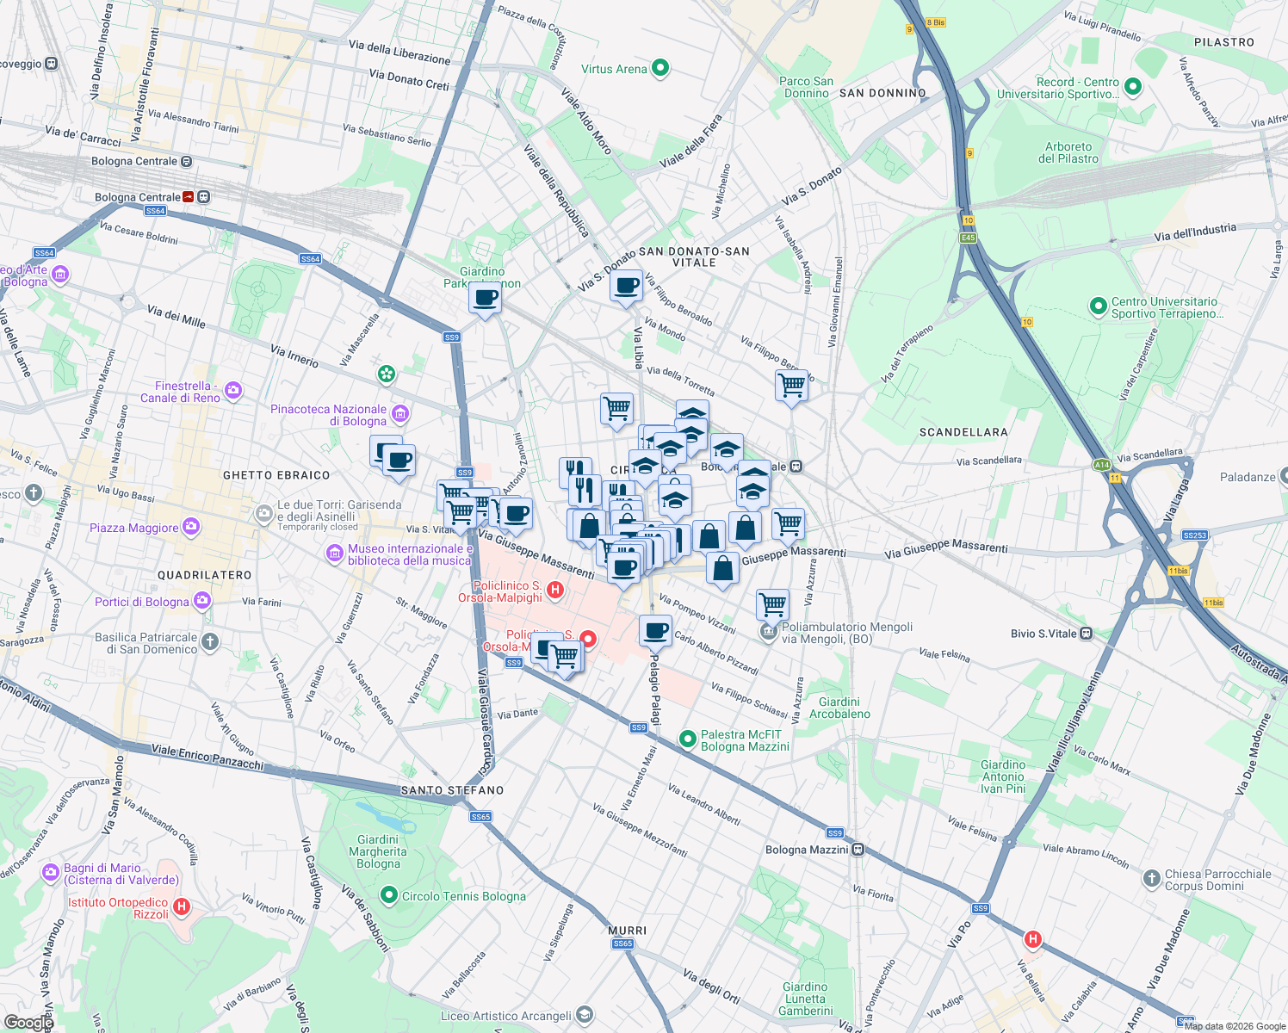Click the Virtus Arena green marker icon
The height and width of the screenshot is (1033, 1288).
(660, 68)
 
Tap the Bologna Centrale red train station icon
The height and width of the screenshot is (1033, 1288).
(189, 197)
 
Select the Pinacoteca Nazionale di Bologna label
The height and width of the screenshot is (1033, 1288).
(328, 415)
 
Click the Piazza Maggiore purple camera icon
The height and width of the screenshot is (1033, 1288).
(191, 527)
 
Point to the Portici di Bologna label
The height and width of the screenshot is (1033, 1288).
(141, 602)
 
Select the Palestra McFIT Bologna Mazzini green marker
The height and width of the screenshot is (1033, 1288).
(687, 739)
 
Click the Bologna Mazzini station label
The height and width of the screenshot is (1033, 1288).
(807, 850)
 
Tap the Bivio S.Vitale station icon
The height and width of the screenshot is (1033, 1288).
(1087, 634)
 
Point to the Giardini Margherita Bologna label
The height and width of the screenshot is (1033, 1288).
(378, 851)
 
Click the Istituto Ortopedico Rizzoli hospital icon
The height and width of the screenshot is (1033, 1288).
(182, 906)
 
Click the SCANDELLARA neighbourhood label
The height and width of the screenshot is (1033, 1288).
(963, 432)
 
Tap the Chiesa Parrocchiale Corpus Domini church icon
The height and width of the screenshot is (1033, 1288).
(1151, 879)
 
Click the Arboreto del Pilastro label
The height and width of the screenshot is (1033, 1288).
(1068, 152)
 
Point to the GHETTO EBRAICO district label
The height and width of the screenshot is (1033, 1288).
(276, 475)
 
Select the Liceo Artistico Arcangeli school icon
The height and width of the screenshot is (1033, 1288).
(585, 1016)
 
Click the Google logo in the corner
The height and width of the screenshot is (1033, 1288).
(28, 1022)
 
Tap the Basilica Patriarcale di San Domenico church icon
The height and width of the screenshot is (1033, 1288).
(210, 641)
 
